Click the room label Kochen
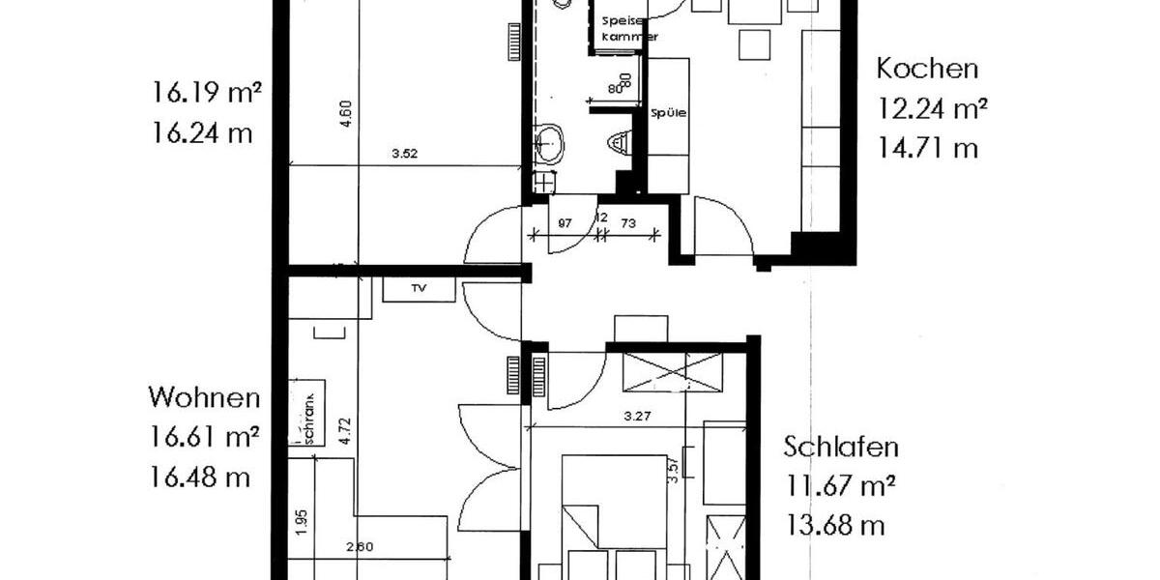coord(927,70)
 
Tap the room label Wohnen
coord(204,397)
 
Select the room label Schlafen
coord(841,448)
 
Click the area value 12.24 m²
coord(932,108)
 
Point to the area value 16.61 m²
coord(205,437)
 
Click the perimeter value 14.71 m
coord(927,148)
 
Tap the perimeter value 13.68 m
coord(835,526)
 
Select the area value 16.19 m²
coord(207,93)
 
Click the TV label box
coord(420,289)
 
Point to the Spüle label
coord(668,112)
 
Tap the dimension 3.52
coord(404,153)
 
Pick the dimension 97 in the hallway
coord(566,223)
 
